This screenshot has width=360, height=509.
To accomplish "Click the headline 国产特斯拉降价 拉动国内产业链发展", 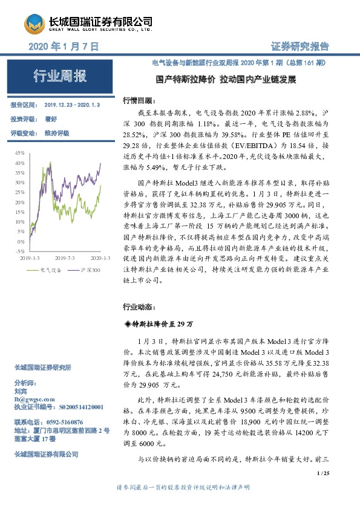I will pyautogui.click(x=226, y=80).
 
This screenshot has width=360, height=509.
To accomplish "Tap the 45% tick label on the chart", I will pyautogui.click(x=20, y=154).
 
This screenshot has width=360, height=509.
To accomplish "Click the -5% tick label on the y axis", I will pyautogui.click(x=20, y=250).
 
